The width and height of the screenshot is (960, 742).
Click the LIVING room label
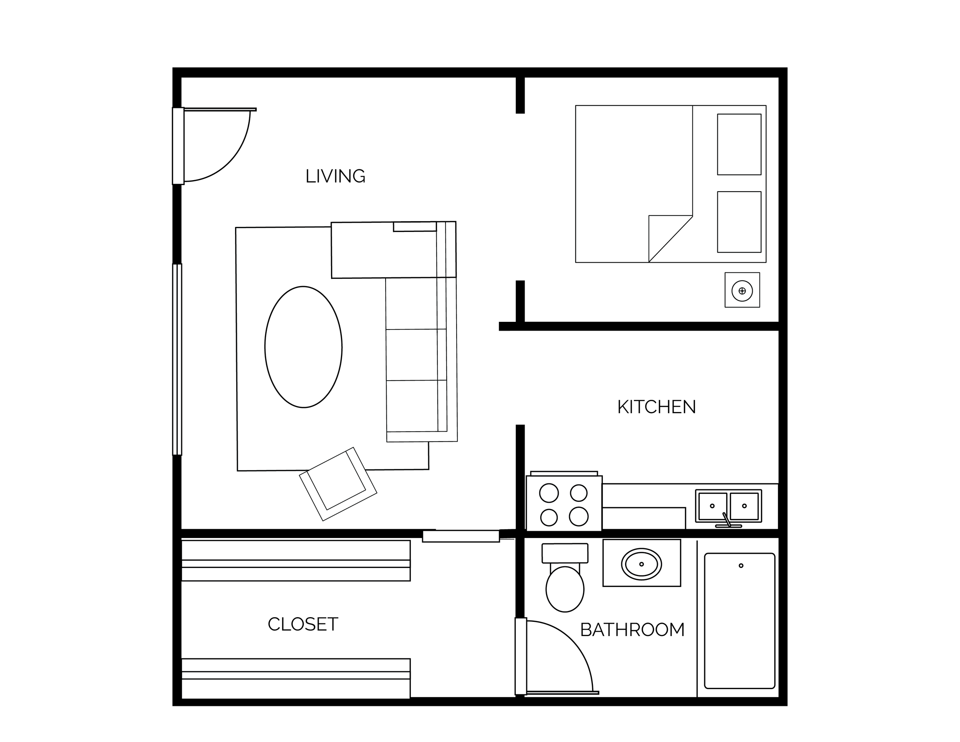(x=335, y=176)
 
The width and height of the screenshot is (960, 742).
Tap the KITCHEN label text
(x=657, y=407)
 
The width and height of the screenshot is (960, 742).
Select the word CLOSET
(x=303, y=624)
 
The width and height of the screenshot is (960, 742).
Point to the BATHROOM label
(x=632, y=630)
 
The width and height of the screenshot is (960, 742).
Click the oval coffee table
(x=303, y=347)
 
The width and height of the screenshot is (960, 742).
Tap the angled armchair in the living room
(x=338, y=484)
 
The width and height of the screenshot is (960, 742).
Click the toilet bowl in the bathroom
(x=565, y=589)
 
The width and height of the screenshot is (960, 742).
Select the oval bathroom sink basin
(x=641, y=564)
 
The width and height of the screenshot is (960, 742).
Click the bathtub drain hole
(x=741, y=566)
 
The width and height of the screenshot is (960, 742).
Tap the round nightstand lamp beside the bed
(x=742, y=291)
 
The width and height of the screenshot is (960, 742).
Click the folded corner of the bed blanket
(x=670, y=238)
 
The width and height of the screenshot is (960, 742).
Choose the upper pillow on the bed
(x=739, y=144)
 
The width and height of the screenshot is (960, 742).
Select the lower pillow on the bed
(x=739, y=222)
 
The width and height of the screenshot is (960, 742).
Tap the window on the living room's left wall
(x=177, y=359)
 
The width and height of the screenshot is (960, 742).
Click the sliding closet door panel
(x=461, y=536)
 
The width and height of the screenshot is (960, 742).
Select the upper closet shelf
(x=296, y=560)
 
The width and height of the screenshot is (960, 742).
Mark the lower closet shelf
(x=296, y=678)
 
